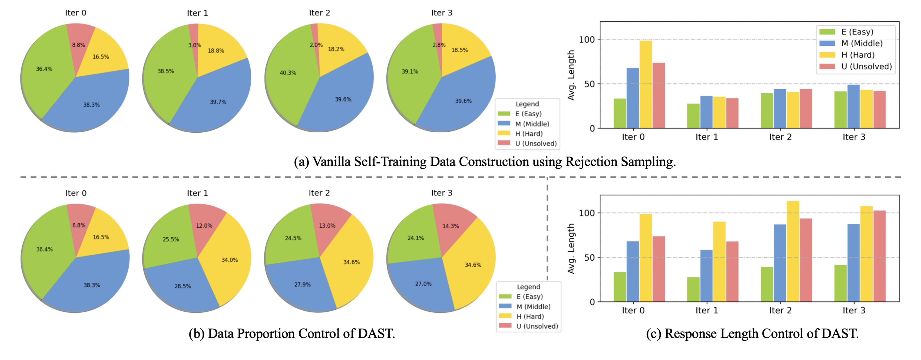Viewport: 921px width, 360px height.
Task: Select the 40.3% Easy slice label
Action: pos(288,73)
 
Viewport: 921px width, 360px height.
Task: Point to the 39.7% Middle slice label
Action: pos(218,102)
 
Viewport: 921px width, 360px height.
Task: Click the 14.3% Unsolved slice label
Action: pos(451,226)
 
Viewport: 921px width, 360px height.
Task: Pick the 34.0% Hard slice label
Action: pos(230,260)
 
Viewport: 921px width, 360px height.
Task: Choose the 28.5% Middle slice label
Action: pos(182,286)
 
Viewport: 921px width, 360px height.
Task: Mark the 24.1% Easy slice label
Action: pos(415,238)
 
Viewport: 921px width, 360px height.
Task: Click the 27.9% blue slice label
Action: pos(302,285)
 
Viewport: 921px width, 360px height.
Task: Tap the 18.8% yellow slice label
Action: pos(216,51)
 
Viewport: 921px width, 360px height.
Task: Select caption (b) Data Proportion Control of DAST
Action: pos(292,333)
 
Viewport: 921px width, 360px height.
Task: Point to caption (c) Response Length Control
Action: pos(752,333)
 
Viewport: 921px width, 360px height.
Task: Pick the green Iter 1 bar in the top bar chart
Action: pos(693,116)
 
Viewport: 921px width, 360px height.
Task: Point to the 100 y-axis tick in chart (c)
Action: pos(587,213)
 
